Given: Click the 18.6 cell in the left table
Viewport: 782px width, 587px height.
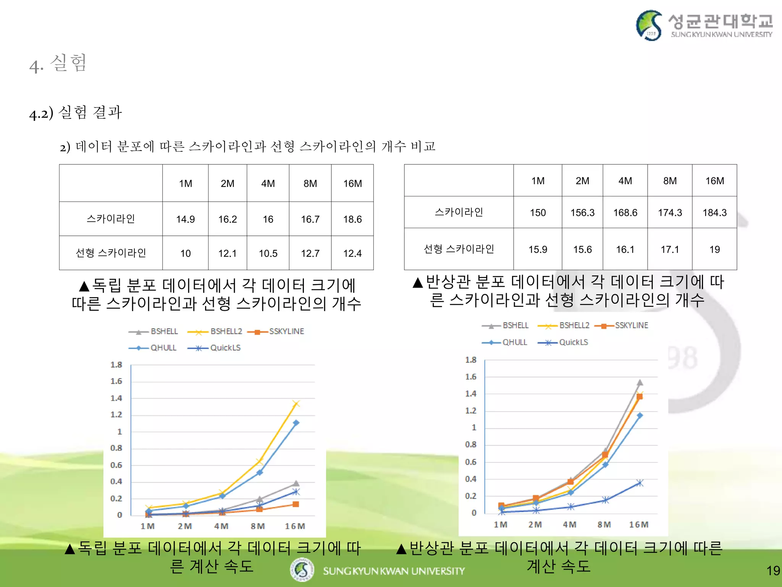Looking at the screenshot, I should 352,219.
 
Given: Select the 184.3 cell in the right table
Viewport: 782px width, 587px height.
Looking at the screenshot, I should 714,212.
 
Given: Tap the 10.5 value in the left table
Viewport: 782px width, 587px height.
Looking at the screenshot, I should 268,253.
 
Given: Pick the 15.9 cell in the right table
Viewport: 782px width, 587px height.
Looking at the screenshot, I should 538,250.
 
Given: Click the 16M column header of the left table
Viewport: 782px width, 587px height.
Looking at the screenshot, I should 352,183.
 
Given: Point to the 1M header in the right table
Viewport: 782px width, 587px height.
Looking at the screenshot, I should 538,181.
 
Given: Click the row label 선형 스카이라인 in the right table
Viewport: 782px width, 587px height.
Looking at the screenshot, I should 459,249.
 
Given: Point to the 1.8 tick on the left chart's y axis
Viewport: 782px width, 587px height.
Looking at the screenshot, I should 116,365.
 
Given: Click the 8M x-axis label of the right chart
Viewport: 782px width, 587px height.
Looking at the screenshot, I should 604,525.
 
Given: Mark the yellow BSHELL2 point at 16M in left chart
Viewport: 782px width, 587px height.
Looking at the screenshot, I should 296,404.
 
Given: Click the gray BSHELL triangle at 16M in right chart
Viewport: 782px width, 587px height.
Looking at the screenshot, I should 640,383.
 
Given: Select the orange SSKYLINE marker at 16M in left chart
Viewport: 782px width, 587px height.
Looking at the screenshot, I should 296,504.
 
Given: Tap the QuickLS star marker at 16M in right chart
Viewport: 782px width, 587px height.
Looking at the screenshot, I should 640,483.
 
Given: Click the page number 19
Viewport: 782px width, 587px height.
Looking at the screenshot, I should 773,571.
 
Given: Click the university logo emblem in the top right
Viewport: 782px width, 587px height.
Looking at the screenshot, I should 649,25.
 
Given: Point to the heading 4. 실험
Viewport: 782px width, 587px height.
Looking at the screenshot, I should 58,63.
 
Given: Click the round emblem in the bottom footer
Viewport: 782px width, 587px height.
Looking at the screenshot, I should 302,570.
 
